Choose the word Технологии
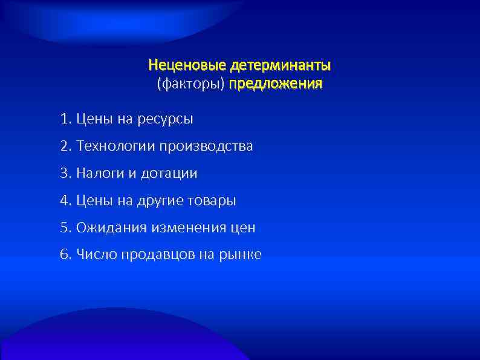(116, 146)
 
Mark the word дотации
(169, 174)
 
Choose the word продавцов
(156, 255)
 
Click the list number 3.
(65, 174)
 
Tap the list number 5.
(65, 227)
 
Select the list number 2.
(65, 146)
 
